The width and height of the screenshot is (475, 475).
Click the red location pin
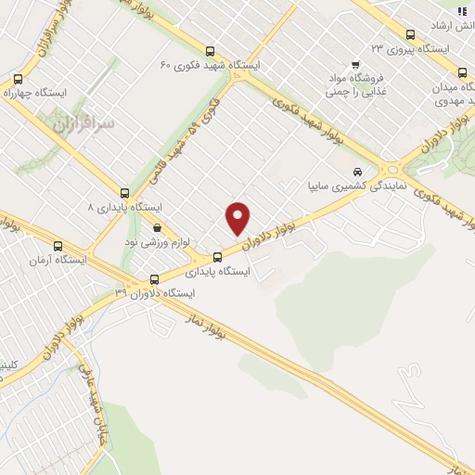[x=239, y=218]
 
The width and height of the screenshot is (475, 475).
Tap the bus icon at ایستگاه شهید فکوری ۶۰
[x=211, y=53]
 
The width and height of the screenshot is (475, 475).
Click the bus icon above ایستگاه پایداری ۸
[x=125, y=190]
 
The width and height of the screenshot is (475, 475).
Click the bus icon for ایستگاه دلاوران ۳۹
[x=155, y=277]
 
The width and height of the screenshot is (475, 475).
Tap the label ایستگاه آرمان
[x=59, y=261]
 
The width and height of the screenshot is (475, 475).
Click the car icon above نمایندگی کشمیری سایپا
[x=357, y=172]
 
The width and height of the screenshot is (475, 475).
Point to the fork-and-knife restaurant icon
[x=462, y=10]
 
